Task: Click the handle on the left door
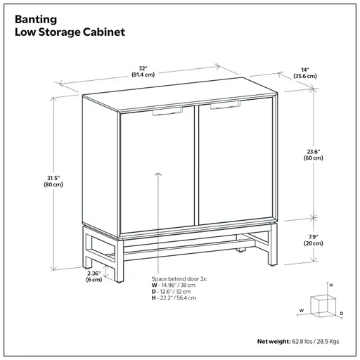(165, 111)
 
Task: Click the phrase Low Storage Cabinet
(67, 32)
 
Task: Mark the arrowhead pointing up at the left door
(157, 173)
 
